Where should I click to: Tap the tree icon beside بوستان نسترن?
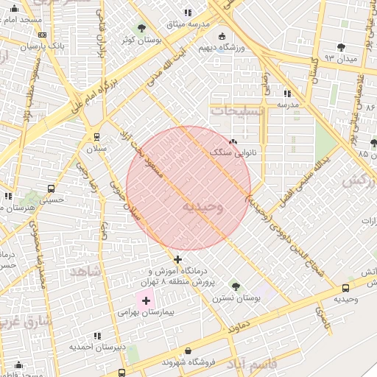click(236, 286)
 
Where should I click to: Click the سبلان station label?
click(97, 147)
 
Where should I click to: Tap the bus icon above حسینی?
click(50, 188)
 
